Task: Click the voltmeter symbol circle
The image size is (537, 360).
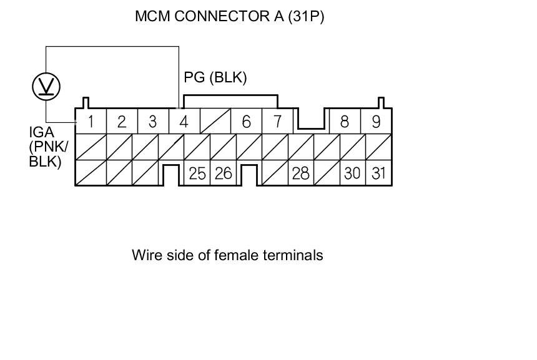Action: click(x=46, y=86)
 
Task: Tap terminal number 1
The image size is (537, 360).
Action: click(x=91, y=121)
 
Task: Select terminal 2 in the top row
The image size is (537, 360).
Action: click(x=122, y=121)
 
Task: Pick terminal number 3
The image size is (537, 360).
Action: click(x=152, y=121)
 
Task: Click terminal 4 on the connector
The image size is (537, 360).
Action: click(x=184, y=121)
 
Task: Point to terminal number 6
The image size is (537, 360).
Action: click(x=246, y=121)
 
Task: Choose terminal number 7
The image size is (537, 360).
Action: click(x=277, y=121)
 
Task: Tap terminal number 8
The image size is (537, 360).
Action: click(x=345, y=121)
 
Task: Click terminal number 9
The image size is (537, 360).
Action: click(x=376, y=121)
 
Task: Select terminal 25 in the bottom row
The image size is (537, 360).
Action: click(x=197, y=173)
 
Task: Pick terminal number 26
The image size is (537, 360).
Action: click(x=223, y=173)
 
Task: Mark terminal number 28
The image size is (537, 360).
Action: click(x=300, y=173)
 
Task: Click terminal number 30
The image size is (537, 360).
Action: click(x=353, y=173)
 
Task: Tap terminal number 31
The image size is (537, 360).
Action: click(x=378, y=173)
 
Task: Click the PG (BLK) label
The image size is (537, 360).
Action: click(x=215, y=77)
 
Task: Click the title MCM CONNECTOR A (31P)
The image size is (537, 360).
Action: click(x=229, y=16)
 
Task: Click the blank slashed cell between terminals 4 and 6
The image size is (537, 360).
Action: click(x=215, y=121)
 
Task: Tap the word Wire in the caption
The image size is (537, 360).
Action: click(x=145, y=255)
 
